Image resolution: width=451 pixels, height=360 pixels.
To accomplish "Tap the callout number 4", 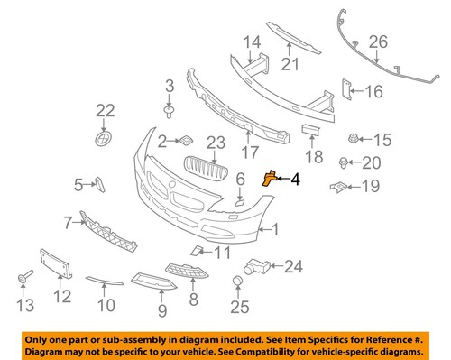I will coord(295,180).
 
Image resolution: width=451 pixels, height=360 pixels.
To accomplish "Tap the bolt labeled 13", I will coord(23,275).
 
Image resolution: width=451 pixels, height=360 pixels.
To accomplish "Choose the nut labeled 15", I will coord(353,139).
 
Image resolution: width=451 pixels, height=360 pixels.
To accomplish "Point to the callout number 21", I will coord(289,64).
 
